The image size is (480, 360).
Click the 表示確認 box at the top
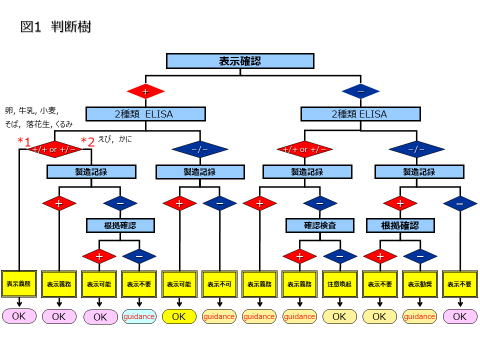pos(240,61)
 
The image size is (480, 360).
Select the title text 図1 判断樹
pos(55,27)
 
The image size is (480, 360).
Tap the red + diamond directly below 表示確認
pos(145,91)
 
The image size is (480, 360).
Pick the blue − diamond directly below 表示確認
pos(360,91)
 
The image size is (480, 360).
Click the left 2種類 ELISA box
pos(145,114)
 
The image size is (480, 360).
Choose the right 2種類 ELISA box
pos(360,114)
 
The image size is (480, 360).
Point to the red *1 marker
pos(24,141)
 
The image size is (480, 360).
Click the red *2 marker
pos(87,141)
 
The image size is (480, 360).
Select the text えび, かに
pos(115,139)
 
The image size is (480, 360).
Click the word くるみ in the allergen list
pos(64,124)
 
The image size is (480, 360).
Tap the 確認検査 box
pos(320,225)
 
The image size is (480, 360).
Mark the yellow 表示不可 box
pos(219,284)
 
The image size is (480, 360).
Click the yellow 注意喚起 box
pos(339,284)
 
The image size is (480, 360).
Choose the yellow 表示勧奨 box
pos(419,284)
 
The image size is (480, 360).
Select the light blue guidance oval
pos(139,316)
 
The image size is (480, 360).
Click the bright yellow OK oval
pos(179,316)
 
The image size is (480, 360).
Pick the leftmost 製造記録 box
pos(91,172)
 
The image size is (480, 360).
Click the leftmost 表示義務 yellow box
pos(19,283)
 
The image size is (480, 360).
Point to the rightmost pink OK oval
pos(459,316)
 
